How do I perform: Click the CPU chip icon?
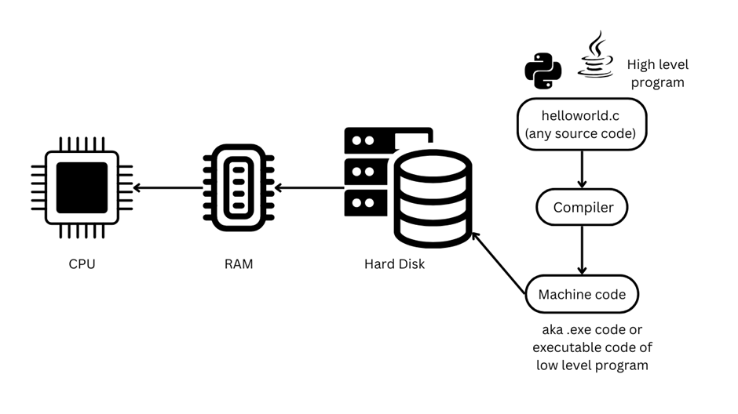(x=82, y=188)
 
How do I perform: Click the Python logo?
(x=543, y=70)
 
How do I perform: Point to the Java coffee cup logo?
(x=596, y=55)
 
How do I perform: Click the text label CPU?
(x=82, y=264)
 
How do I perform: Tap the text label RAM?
(x=238, y=264)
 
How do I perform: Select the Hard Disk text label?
(x=394, y=264)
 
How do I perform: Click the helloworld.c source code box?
(x=581, y=125)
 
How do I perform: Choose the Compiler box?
(x=581, y=208)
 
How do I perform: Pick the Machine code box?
(x=581, y=295)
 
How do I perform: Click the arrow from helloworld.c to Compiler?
(x=581, y=169)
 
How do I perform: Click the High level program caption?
(x=657, y=74)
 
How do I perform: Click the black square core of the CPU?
(x=82, y=188)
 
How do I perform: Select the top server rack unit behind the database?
(x=369, y=141)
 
